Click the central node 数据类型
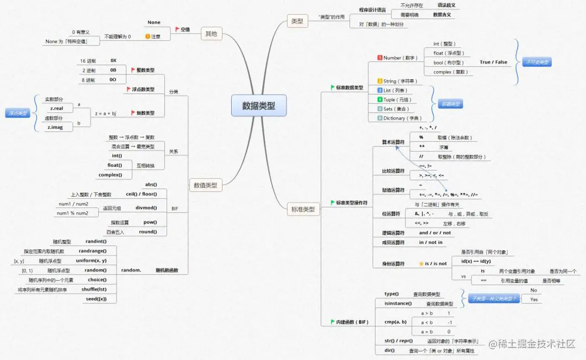point(258,106)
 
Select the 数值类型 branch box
point(205,185)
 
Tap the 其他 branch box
point(211,34)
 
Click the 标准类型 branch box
point(303,209)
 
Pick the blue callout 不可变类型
point(537,62)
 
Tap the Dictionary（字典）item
point(401,118)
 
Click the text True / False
point(493,62)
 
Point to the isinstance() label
point(398,303)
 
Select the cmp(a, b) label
point(395,322)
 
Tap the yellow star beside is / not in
point(421,263)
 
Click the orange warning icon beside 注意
point(148,36)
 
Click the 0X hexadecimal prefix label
point(113,60)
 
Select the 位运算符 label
point(391,213)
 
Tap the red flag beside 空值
point(177,29)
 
